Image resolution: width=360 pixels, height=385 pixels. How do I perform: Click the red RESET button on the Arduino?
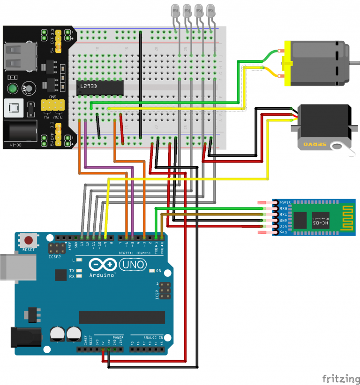pos(29,241)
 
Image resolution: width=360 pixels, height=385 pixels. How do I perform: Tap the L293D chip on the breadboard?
pos(100,88)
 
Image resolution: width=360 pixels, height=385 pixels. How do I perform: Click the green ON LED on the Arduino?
pos(152,271)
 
